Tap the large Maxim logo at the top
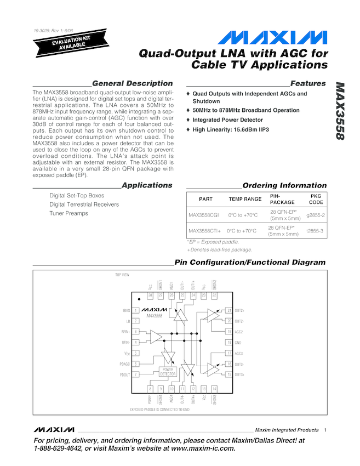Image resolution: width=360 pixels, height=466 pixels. click(x=272, y=38)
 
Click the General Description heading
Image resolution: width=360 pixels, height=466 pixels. click(x=132, y=83)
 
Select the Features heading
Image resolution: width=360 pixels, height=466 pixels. click(x=308, y=83)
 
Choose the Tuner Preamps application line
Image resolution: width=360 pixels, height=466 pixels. click(x=68, y=213)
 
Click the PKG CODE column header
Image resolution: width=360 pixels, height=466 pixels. click(x=316, y=198)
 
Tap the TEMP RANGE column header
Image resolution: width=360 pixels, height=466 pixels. click(x=245, y=199)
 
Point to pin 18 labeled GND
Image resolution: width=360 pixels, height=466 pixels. click(x=230, y=343)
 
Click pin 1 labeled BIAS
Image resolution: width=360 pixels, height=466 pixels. click(x=135, y=311)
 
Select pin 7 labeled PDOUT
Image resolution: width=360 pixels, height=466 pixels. click(x=135, y=374)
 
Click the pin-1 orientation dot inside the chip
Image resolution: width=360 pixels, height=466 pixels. click(x=139, y=299)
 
